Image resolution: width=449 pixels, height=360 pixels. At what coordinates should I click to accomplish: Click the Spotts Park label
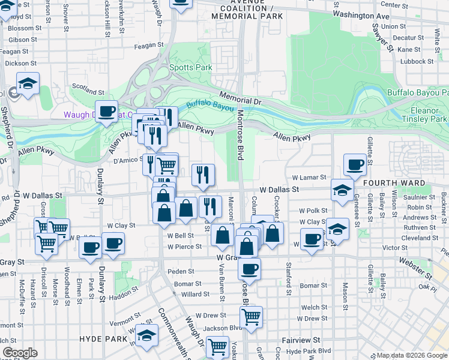[x=190, y=68]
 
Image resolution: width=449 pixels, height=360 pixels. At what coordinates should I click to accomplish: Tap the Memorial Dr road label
[x=240, y=98]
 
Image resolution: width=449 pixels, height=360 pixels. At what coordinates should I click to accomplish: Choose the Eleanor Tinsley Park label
[x=429, y=115]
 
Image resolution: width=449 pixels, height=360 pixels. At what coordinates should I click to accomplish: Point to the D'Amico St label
[x=127, y=161]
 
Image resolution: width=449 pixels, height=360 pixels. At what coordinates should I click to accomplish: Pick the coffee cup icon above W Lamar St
[x=355, y=163]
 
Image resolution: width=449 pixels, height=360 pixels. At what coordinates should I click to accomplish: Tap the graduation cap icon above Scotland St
[x=28, y=83]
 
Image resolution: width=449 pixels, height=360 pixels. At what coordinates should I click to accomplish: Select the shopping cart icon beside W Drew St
[x=251, y=316]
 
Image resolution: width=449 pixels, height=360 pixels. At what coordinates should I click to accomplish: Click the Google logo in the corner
[x=20, y=352]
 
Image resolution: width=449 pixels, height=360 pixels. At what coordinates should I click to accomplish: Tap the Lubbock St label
[x=418, y=61]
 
